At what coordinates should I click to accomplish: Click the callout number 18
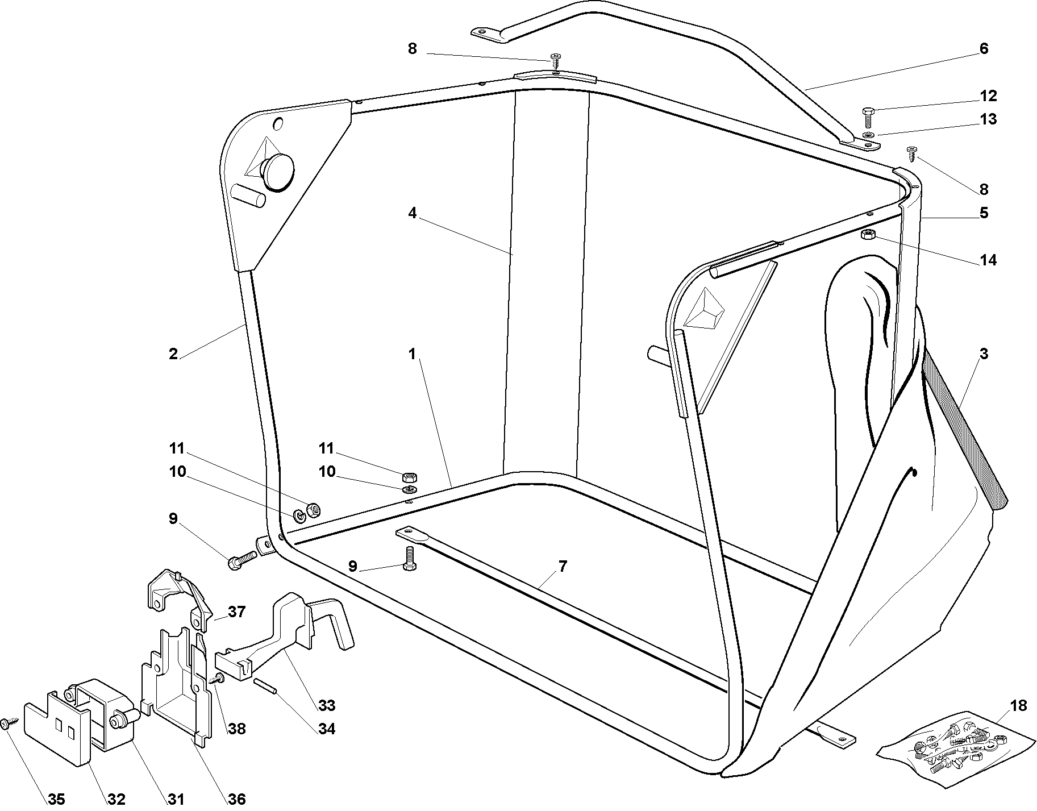pos(1019,705)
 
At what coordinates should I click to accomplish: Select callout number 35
pos(56,799)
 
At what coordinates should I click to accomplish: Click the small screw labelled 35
pos(9,723)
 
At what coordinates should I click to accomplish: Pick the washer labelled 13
pos(869,135)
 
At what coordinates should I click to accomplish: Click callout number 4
pos(412,213)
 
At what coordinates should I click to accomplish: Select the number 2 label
pos(173,354)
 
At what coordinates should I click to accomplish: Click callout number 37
pos(236,612)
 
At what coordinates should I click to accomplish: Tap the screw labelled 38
pos(218,679)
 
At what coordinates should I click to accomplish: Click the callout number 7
pos(563,566)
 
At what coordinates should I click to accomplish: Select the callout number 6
pos(984,49)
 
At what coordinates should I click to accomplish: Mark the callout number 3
pos(984,354)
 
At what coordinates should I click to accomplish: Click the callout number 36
pos(236,799)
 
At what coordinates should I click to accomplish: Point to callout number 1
pos(412,354)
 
